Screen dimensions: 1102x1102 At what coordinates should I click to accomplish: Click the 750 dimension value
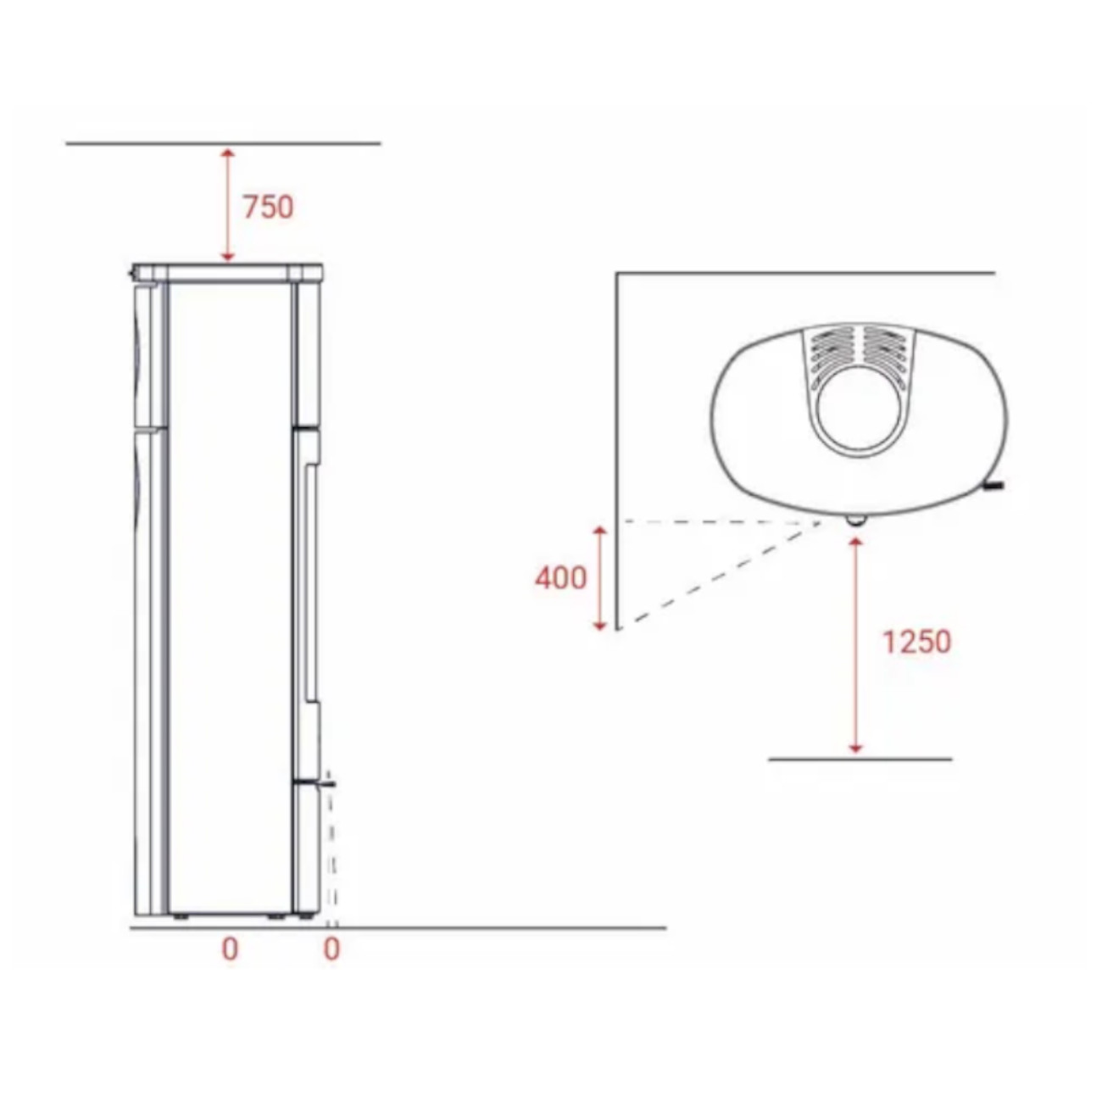(268, 207)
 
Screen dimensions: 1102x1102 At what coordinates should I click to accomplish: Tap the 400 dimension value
(560, 578)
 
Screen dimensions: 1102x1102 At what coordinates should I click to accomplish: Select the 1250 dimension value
(917, 642)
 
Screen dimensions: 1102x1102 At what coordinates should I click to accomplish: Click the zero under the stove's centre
(230, 949)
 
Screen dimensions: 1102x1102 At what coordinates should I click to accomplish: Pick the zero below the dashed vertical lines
(331, 949)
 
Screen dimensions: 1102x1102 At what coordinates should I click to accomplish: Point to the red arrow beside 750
(228, 205)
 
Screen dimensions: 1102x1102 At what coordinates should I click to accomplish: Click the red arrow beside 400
(599, 578)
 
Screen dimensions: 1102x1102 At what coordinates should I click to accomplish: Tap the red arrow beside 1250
(855, 645)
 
